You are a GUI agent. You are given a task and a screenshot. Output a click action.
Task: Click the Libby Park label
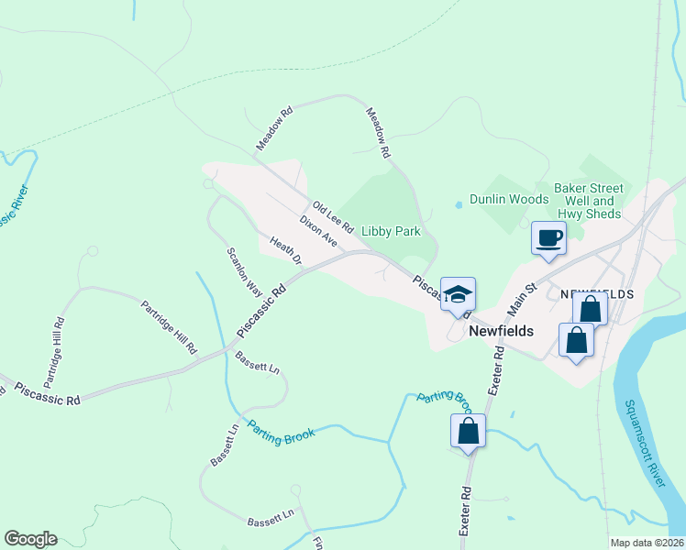(391, 231)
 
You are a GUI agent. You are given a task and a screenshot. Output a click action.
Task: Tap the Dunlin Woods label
(509, 199)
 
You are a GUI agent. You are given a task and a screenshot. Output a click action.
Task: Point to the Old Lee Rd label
(332, 217)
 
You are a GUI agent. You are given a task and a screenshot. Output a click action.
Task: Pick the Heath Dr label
(285, 251)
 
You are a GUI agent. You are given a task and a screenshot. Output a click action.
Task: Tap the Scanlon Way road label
(244, 270)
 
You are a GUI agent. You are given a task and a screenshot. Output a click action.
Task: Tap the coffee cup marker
(549, 239)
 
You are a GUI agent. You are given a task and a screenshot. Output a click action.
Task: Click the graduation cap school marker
(458, 294)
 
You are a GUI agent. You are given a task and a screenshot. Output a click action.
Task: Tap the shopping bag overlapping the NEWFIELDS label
(590, 309)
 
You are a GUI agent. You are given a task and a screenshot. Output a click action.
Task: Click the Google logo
(30, 539)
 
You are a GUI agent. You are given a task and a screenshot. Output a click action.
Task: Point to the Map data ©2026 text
(647, 543)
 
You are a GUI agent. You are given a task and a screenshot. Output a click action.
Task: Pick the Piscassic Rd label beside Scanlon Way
(261, 308)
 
